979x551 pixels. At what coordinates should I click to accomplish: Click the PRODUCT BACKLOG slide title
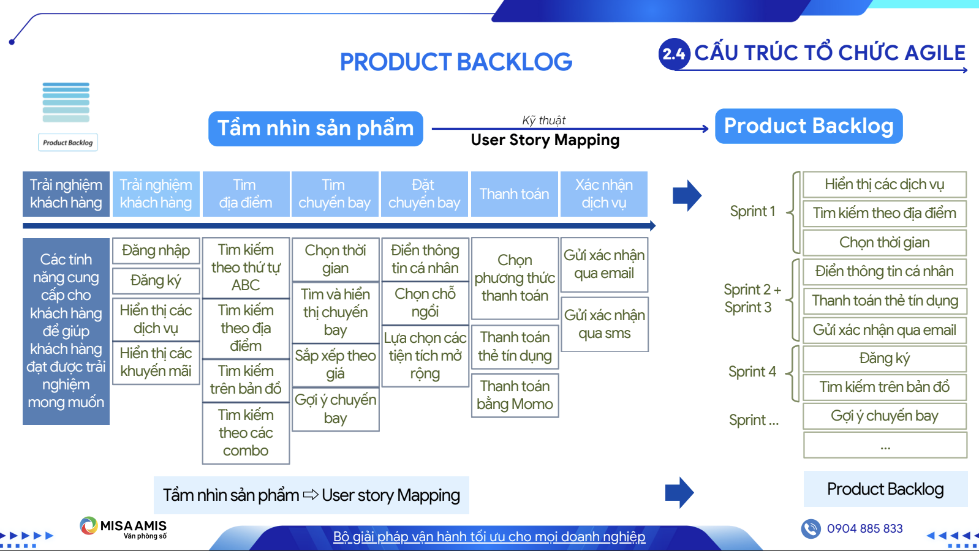point(456,62)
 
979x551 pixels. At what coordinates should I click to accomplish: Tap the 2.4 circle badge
point(674,54)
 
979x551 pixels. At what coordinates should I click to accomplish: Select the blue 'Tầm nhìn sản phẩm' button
point(316,129)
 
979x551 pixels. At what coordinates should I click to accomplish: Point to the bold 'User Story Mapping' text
point(545,140)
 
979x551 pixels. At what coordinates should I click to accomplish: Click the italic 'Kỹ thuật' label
point(543,120)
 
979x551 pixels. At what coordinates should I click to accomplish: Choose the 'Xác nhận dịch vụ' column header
point(603,194)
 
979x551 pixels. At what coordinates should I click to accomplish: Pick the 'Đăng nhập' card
point(156,250)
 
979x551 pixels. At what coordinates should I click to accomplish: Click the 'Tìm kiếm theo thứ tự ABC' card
point(246,268)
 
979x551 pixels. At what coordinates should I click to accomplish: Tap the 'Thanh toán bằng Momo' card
point(515,395)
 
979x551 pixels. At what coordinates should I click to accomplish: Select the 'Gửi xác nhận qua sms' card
point(604,324)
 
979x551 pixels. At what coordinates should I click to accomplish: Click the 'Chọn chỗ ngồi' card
point(425,302)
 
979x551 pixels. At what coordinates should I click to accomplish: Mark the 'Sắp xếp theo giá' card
point(335,364)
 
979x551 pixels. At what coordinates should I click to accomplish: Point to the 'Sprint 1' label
point(752,212)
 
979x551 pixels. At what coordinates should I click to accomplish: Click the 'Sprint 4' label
point(752,372)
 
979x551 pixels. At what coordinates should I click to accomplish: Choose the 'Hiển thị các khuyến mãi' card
point(156,362)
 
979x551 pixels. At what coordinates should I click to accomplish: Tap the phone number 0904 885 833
point(864,528)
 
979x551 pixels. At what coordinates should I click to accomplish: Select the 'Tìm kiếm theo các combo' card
point(246,433)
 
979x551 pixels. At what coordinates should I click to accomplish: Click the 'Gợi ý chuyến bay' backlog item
point(884,416)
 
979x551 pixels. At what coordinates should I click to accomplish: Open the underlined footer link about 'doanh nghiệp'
point(489,537)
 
